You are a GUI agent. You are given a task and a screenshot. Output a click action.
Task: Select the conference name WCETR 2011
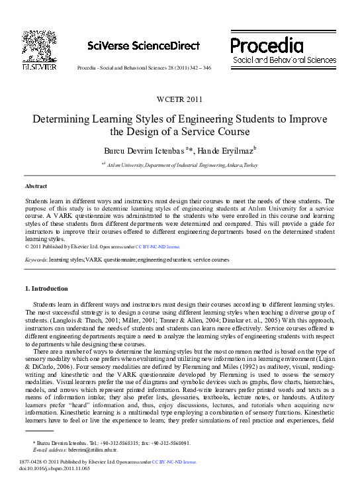pyautogui.click(x=179, y=99)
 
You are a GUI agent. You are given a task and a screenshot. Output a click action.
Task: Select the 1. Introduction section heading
pyautogui.click(x=46, y=289)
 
